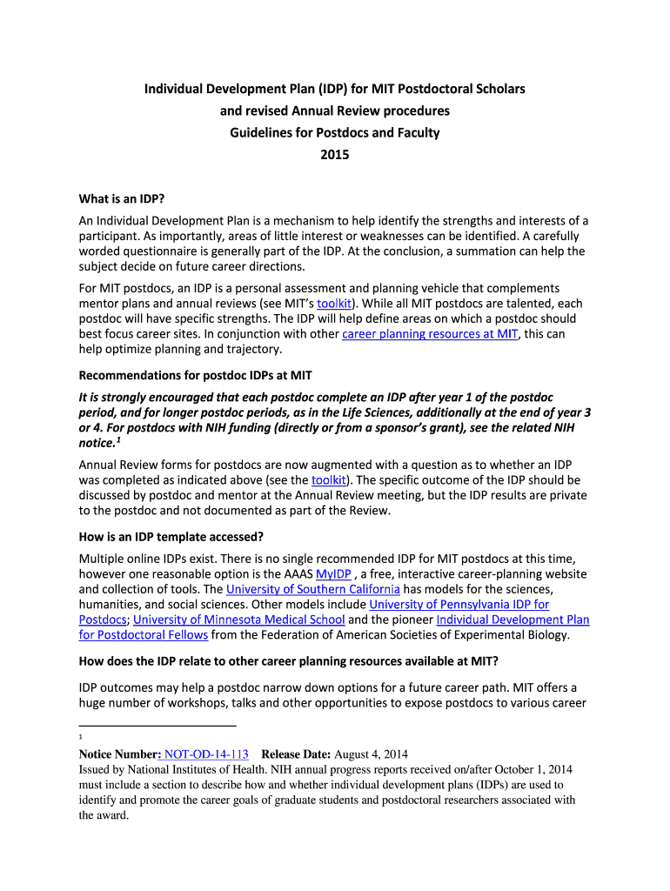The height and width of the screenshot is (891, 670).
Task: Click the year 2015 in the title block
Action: tap(334, 155)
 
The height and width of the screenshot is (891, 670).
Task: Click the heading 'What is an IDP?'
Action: tap(123, 198)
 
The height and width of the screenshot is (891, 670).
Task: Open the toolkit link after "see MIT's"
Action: tap(334, 304)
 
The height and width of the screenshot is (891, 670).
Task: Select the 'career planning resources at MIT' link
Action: tap(430, 334)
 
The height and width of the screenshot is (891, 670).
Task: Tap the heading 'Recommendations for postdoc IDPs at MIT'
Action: tap(196, 375)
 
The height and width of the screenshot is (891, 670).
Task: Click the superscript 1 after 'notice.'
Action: tap(119, 440)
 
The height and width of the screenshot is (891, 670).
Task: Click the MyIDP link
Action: tap(333, 573)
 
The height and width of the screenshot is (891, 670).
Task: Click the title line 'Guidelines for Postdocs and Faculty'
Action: tap(334, 133)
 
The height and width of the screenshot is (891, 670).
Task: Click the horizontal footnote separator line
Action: tap(157, 725)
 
